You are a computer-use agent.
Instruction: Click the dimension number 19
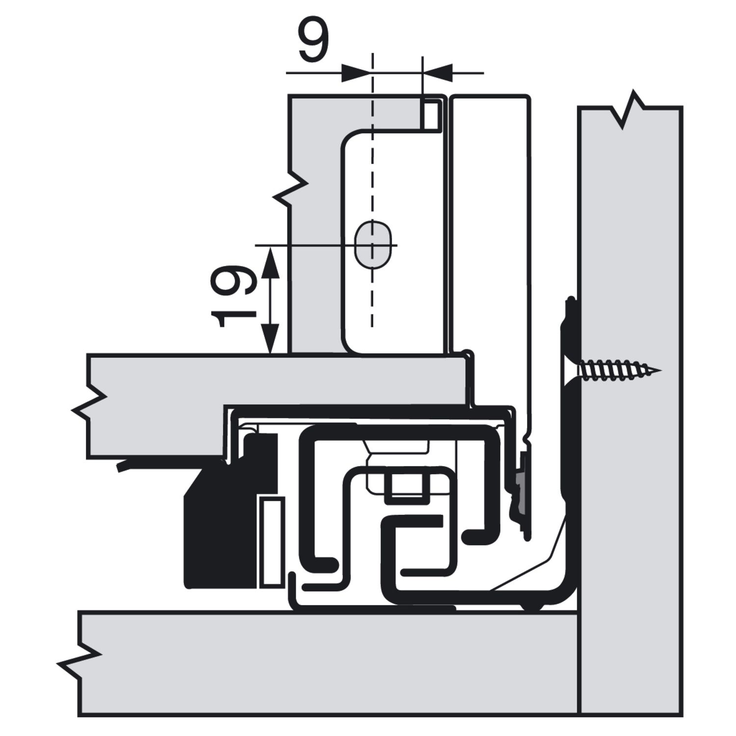coord(233,297)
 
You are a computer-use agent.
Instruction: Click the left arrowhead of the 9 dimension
coord(355,73)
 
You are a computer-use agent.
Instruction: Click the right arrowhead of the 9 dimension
coord(437,73)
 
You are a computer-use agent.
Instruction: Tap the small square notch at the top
coord(432,114)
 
